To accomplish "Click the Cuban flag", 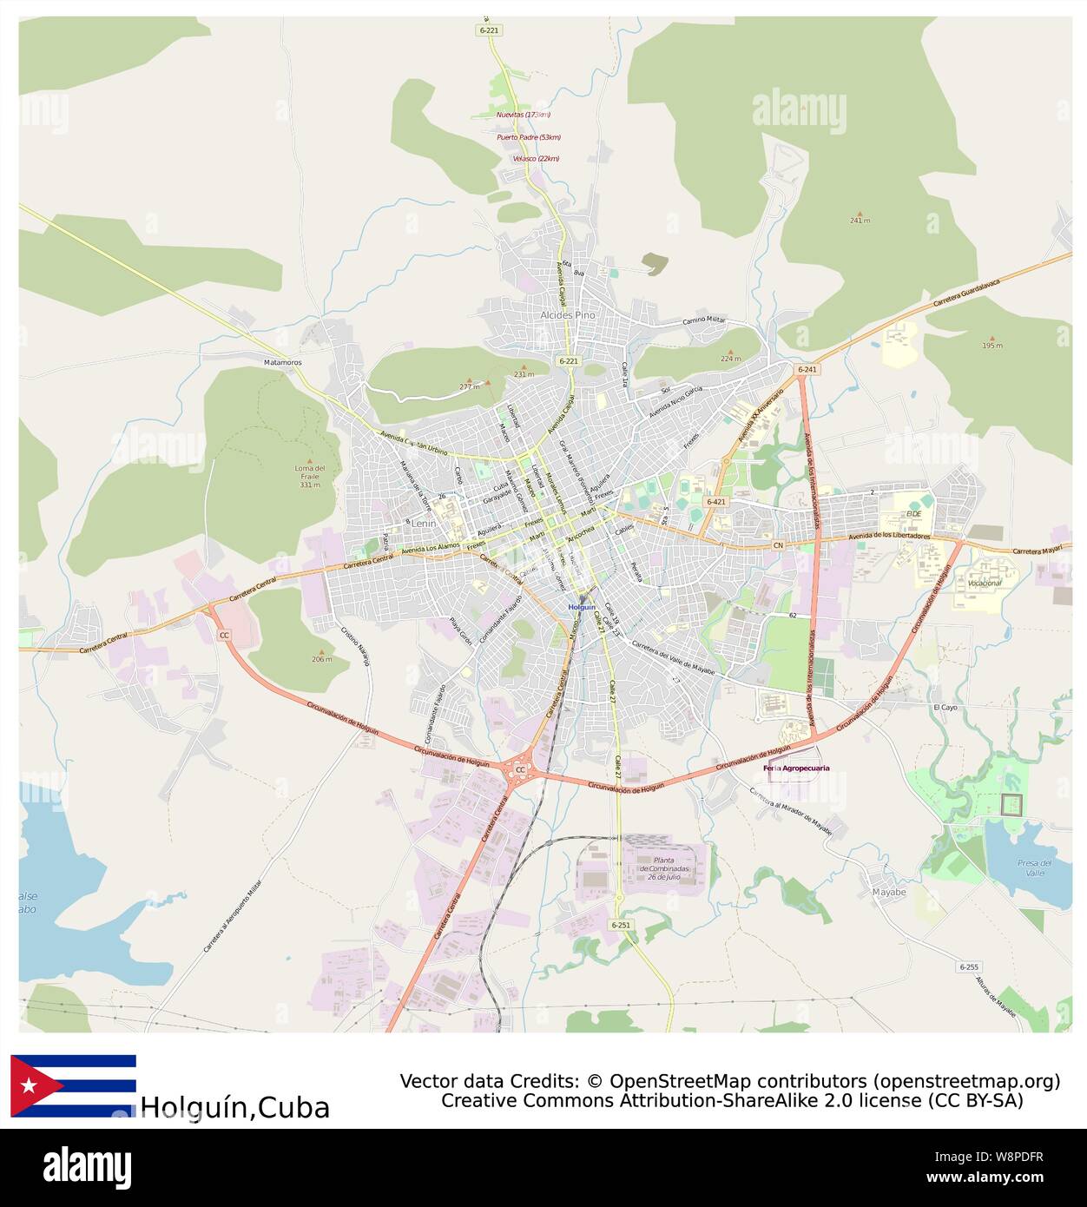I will (x=73, y=1085).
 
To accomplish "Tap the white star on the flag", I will (x=30, y=1085).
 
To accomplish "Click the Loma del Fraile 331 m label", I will (x=309, y=476).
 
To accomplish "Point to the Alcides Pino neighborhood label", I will (x=568, y=315).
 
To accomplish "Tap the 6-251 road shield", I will (x=621, y=925).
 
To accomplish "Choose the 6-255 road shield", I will (x=969, y=966).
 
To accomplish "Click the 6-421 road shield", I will (x=716, y=502).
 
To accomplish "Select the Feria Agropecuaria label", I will (x=797, y=768).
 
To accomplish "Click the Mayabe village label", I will (x=888, y=892).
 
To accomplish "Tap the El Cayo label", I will (x=945, y=708).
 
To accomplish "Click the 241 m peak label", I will (x=860, y=221).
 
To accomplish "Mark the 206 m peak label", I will (x=321, y=659).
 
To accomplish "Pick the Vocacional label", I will (x=985, y=584).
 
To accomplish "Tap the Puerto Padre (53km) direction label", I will (x=528, y=137).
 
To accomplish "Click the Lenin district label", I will (x=425, y=524).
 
